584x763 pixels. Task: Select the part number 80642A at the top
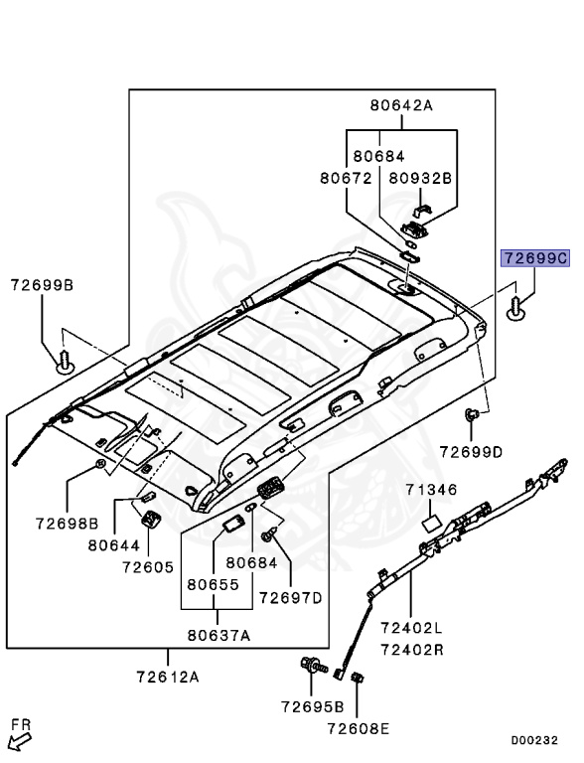tap(401, 104)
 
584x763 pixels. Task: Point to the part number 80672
tap(345, 179)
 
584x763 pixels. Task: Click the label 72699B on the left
tap(42, 285)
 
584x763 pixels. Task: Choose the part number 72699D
tap(471, 452)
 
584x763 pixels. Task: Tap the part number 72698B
tap(67, 523)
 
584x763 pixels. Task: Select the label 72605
tap(148, 567)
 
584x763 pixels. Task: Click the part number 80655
tap(215, 585)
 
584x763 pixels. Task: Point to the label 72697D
tap(291, 598)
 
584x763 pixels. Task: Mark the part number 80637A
tap(218, 635)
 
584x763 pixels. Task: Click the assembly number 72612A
tap(168, 678)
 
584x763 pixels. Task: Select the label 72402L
tap(410, 628)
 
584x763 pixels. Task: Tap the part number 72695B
tap(312, 707)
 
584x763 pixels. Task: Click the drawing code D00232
tap(533, 740)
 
